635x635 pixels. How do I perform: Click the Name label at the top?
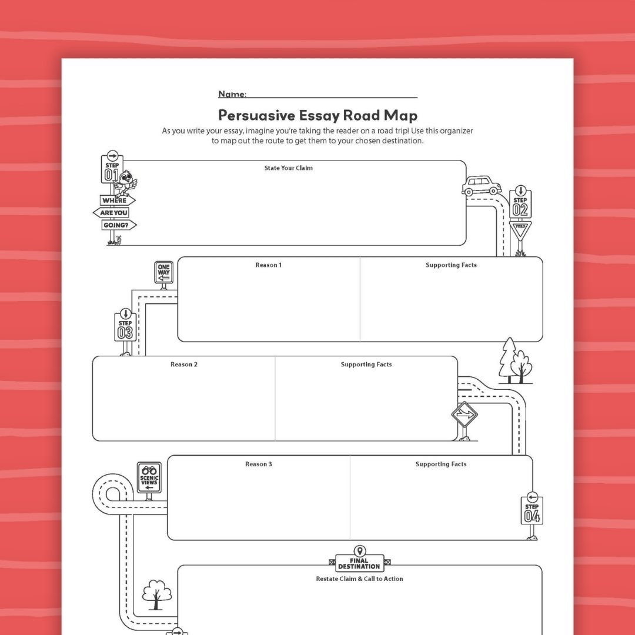232,94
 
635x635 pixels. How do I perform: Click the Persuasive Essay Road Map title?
317,114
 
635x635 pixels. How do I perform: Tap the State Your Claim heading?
288,168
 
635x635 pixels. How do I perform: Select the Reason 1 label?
268,265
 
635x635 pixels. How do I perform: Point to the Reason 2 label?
184,365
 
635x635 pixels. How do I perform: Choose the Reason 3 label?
259,464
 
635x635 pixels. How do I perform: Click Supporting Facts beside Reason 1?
451,265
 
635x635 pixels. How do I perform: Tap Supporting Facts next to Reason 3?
441,464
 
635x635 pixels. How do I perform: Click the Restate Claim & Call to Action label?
359,579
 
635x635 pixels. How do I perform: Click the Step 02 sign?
520,203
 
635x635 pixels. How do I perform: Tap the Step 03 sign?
125,327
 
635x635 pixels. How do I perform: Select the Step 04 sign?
532,510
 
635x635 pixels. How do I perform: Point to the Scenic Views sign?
149,477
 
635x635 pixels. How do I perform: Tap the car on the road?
482,186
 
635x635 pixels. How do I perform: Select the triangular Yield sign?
520,230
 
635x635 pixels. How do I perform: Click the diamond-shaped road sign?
464,415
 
